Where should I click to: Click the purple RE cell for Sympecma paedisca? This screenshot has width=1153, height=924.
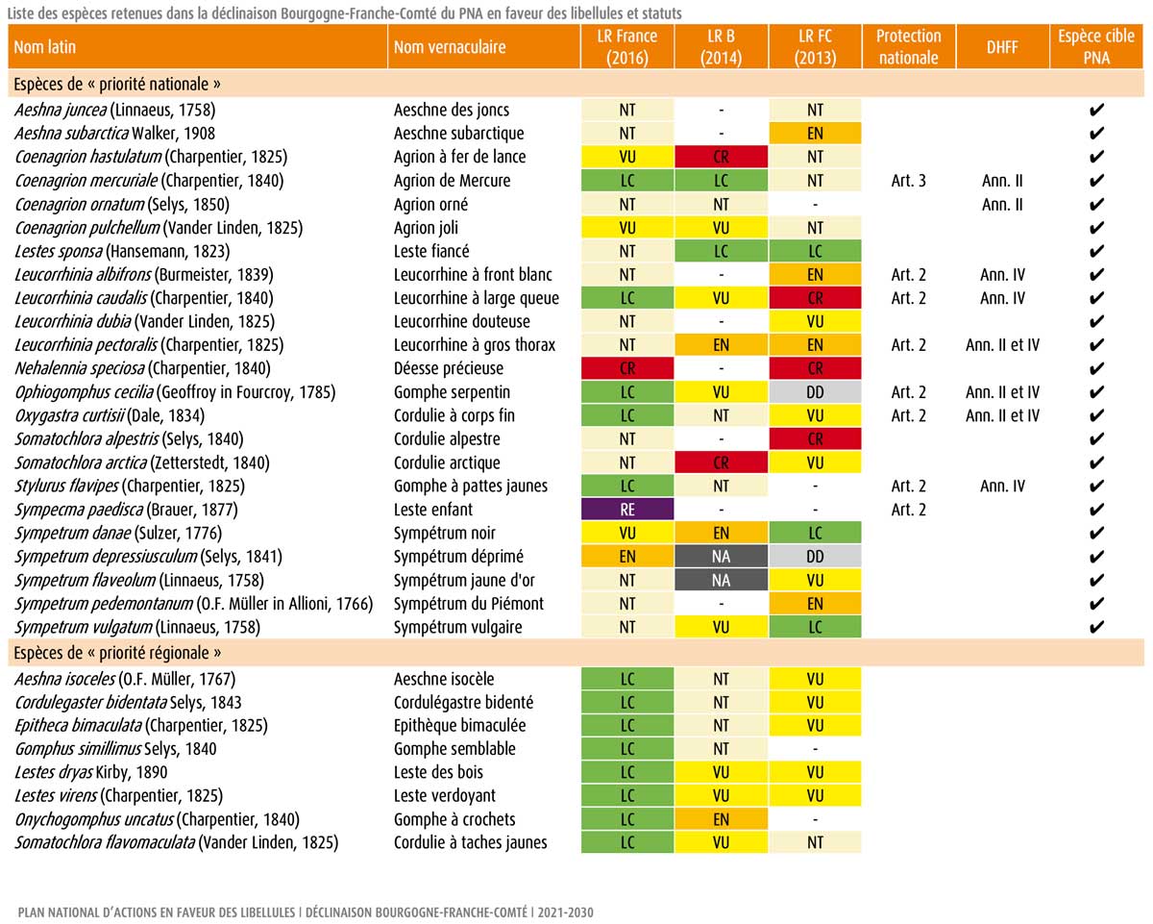(x=627, y=510)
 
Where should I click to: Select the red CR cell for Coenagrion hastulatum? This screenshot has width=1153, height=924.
(x=721, y=157)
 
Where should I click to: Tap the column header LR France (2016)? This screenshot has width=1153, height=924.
(x=627, y=46)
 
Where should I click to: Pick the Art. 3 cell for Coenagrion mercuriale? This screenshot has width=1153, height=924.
(x=908, y=180)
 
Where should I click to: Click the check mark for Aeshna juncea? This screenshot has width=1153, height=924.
(x=1097, y=110)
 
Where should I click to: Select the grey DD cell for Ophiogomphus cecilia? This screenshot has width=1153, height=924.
(x=815, y=392)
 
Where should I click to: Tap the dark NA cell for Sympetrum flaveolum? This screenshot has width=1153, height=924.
(x=721, y=580)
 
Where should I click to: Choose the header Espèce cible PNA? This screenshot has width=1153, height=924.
(x=1097, y=46)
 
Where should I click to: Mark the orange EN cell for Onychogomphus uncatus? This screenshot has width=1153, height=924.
(x=721, y=819)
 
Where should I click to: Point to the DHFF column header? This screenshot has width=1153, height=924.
(x=1002, y=46)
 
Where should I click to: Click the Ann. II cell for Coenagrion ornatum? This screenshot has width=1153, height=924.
(x=1002, y=204)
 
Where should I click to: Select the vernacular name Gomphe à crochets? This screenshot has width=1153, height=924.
(x=454, y=819)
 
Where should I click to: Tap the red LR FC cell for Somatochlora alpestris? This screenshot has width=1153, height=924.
(x=815, y=439)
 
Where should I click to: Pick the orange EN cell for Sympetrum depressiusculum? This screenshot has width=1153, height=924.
(x=627, y=557)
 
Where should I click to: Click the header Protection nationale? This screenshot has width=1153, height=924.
(x=908, y=46)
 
